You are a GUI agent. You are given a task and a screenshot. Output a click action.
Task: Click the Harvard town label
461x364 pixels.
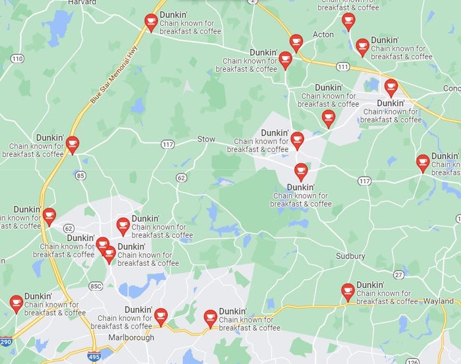click(82, 3)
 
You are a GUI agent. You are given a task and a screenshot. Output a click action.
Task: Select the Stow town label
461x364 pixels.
click(206, 139)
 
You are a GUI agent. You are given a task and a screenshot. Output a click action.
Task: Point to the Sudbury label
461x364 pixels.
click(350, 256)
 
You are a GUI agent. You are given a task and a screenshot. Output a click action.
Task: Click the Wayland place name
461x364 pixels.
click(438, 301)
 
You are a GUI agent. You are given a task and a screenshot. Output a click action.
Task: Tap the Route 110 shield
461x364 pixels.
click(18, 59)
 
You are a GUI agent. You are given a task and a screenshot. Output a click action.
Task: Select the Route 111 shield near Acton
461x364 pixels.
click(342, 67)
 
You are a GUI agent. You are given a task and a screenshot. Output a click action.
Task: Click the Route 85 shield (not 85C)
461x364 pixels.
click(80, 176)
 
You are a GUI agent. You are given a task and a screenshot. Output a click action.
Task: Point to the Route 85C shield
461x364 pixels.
click(95, 286)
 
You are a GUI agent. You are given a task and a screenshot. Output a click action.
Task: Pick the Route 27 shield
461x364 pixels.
click(398, 274)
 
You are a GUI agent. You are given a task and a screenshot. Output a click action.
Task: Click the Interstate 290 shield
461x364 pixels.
click(5, 343)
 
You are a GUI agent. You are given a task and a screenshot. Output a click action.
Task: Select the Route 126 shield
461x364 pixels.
click(413, 361)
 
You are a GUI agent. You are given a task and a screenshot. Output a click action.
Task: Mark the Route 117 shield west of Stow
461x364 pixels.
click(168, 144)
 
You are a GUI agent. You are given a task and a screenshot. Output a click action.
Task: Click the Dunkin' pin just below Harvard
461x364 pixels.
click(151, 22)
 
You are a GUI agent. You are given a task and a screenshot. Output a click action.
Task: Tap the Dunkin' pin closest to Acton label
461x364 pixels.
click(296, 43)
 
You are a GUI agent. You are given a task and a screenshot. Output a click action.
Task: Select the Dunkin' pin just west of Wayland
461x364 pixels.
click(348, 292)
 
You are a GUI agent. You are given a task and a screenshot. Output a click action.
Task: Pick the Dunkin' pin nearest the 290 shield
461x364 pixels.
click(16, 303)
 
